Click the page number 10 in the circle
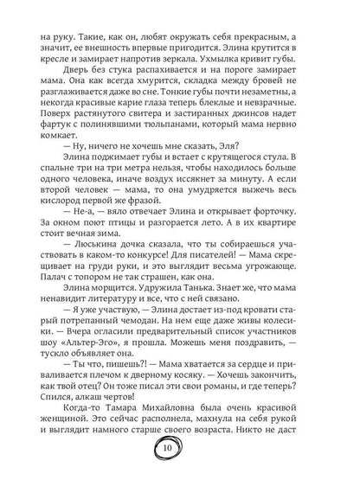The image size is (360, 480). coord(180,449)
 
